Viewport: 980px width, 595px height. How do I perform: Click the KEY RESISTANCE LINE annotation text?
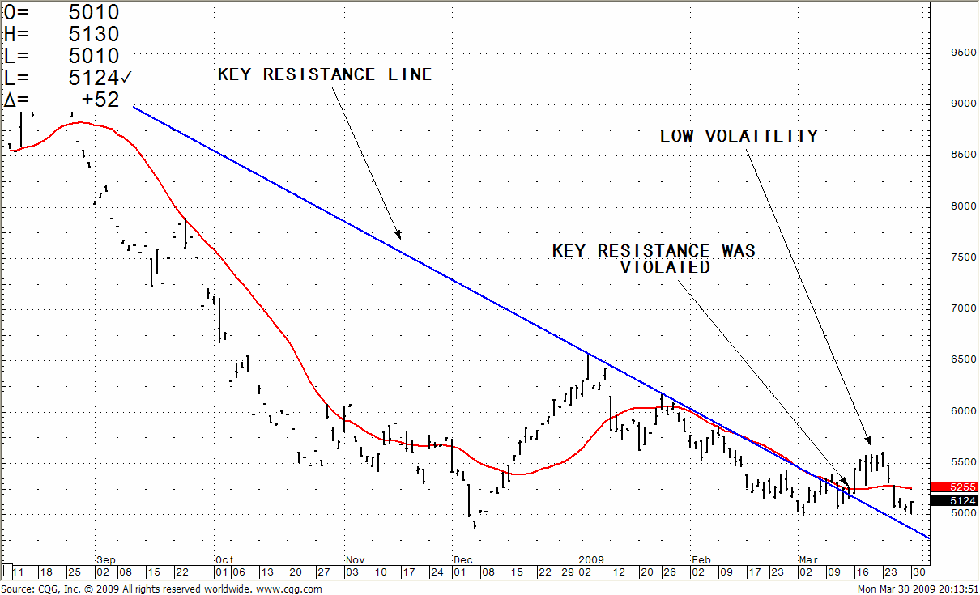[x=325, y=74]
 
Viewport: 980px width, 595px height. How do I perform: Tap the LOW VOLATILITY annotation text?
[x=739, y=136]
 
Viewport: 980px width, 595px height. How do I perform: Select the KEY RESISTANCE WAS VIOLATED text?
[x=654, y=258]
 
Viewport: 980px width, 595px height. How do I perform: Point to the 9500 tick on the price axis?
[x=962, y=53]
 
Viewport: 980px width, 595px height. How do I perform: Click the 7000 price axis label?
[x=962, y=308]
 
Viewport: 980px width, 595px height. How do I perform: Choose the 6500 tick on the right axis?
[x=962, y=359]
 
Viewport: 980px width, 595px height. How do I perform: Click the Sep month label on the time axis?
[x=106, y=559]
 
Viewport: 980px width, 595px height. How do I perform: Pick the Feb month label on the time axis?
[x=701, y=559]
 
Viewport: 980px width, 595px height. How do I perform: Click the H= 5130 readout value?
[x=96, y=34]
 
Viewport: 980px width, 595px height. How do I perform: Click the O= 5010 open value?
[x=96, y=12]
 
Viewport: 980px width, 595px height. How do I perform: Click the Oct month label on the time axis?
[x=224, y=559]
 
